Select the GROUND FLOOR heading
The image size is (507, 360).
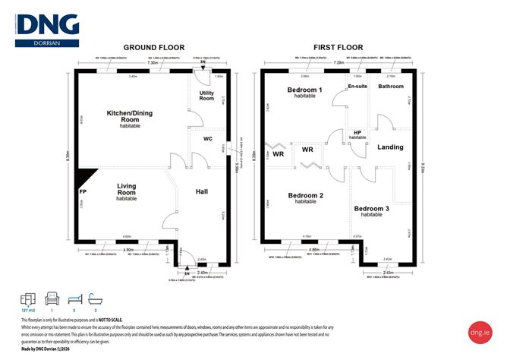pyautogui.click(x=150, y=46)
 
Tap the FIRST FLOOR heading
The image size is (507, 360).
pyautogui.click(x=339, y=46)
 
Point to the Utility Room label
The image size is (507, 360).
pyautogui.click(x=206, y=96)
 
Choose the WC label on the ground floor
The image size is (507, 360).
pyautogui.click(x=206, y=139)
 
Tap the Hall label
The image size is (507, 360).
pyautogui.click(x=201, y=192)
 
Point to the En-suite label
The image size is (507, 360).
pyautogui.click(x=357, y=87)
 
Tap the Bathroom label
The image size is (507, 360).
pyautogui.click(x=391, y=87)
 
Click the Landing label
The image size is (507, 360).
pyautogui.click(x=390, y=147)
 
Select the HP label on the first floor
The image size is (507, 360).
pyautogui.click(x=357, y=133)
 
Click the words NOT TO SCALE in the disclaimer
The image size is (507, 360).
pyautogui.click(x=108, y=321)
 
